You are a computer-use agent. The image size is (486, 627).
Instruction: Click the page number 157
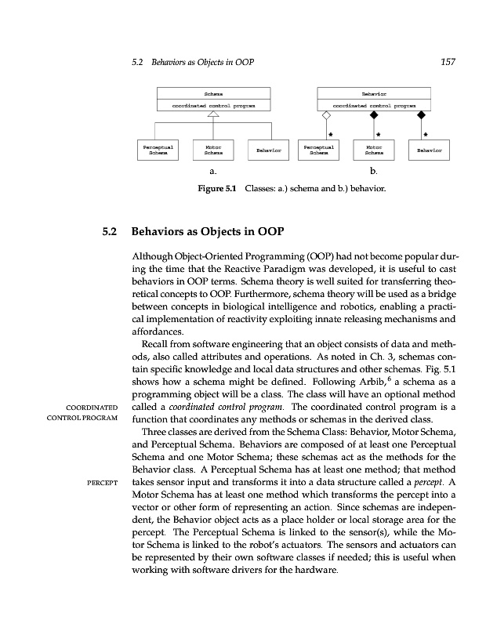click(448, 61)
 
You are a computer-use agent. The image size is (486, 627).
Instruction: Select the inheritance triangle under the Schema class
click(212, 114)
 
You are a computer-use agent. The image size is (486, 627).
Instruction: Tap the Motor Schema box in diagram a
click(212, 148)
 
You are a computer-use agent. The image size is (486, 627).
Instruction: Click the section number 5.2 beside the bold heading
click(108, 233)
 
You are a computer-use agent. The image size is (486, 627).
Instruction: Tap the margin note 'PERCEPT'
click(101, 481)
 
